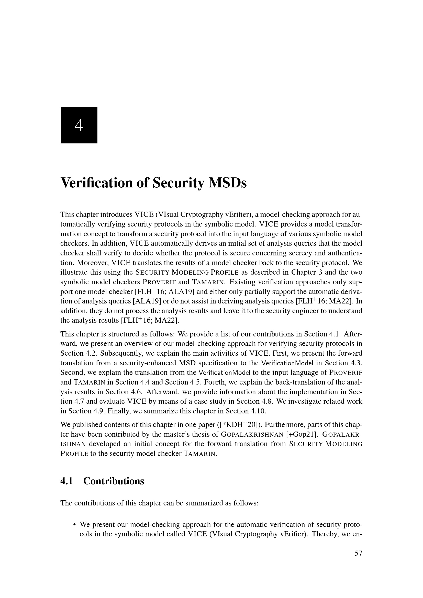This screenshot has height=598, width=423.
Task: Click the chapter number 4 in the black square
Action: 79,126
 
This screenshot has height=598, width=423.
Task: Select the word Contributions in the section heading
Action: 114,481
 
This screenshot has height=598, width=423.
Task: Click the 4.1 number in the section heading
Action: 67,481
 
